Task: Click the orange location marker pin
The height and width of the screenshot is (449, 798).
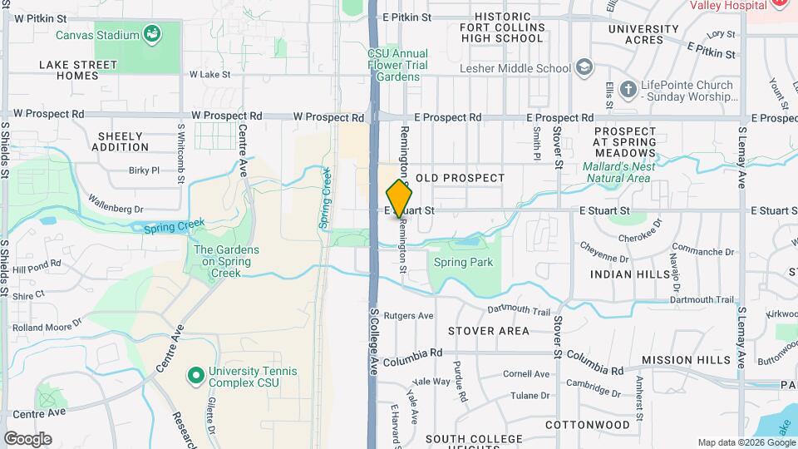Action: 400,198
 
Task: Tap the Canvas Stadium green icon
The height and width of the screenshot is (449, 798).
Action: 152,34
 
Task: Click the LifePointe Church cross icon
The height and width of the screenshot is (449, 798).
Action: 628,89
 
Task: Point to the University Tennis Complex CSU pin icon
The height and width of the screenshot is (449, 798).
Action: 196,376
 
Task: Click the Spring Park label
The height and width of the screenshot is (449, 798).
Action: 463,263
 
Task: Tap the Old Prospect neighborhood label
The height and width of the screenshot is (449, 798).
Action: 460,178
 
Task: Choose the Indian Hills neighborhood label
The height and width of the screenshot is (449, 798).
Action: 630,274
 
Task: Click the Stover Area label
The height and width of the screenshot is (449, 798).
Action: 488,331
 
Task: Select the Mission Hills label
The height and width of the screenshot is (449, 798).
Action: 687,360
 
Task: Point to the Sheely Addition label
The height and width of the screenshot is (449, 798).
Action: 121,141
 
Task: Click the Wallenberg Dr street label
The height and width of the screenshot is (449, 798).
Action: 116,205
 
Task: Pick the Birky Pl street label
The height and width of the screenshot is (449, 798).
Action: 144,170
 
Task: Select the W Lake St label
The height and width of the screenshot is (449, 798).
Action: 209,74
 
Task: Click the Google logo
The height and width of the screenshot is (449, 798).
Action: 27,438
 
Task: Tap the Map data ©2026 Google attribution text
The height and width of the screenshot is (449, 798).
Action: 746,442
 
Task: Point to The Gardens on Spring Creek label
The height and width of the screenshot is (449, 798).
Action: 226,260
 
